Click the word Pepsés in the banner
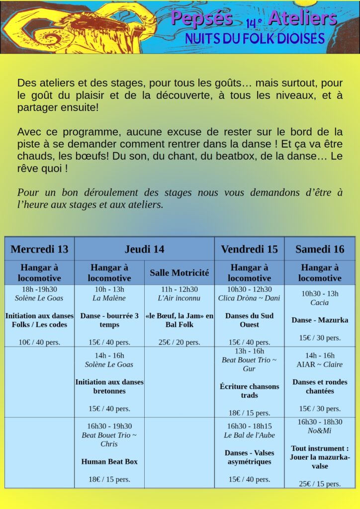click(202, 18)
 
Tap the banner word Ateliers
click(302, 18)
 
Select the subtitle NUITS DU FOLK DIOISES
click(255, 38)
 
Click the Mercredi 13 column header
click(39, 249)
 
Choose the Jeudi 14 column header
click(144, 249)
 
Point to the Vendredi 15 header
click(249, 249)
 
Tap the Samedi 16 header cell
click(320, 249)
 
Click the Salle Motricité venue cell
click(179, 273)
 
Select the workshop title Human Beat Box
click(109, 461)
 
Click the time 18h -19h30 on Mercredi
click(39, 289)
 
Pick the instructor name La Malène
click(109, 298)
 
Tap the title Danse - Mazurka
click(320, 320)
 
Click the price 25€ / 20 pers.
click(179, 342)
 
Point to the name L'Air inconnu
click(179, 298)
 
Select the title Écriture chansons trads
click(249, 391)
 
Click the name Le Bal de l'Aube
click(249, 435)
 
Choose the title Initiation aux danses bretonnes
click(109, 386)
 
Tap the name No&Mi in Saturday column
click(320, 430)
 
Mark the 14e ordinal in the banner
click(254, 22)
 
